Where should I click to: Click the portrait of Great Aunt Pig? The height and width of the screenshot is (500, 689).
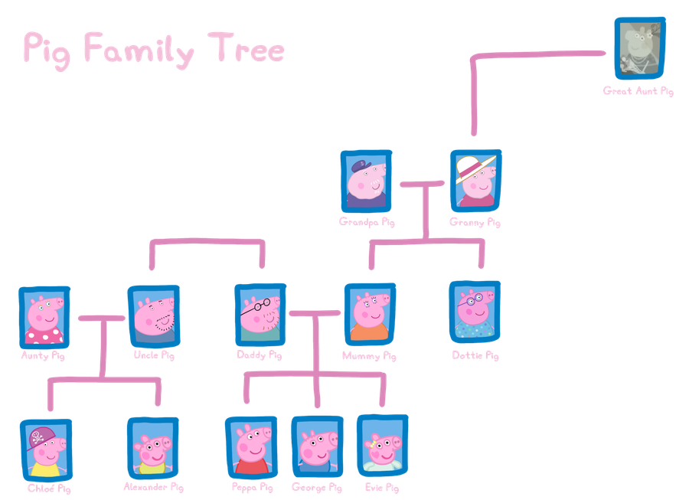[x=640, y=48]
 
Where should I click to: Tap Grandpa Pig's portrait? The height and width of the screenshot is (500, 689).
[x=366, y=180]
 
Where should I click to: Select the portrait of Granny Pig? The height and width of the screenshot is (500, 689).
[x=475, y=181]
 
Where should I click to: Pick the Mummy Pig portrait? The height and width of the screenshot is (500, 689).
[x=369, y=313]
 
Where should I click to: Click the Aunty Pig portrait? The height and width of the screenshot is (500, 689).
[x=44, y=316]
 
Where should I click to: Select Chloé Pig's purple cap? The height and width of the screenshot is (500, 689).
[x=41, y=438]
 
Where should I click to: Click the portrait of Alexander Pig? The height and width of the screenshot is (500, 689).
[x=152, y=447]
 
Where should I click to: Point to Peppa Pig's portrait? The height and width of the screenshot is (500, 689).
[x=251, y=447]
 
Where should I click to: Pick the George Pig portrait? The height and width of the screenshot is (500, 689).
[x=315, y=446]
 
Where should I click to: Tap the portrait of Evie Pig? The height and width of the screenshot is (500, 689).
[x=381, y=446]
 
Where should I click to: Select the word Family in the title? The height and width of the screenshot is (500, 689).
[x=139, y=51]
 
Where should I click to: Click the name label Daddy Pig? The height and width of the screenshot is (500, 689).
[x=260, y=356]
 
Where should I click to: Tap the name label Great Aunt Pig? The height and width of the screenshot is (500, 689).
[x=638, y=91]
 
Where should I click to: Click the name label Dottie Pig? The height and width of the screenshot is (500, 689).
[x=475, y=356]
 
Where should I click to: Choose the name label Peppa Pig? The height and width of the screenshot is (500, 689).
[x=252, y=487]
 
